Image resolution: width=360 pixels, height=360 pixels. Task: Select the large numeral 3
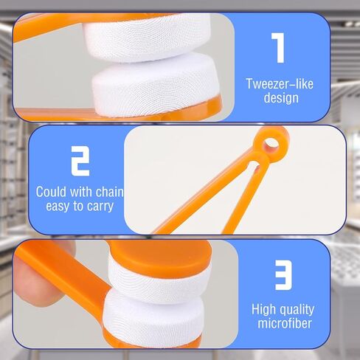tap(283, 277)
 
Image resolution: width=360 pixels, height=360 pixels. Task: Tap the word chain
tap(108, 192)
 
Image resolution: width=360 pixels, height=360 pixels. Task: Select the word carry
tap(100, 207)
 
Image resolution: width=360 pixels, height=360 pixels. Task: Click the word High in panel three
tap(264, 309)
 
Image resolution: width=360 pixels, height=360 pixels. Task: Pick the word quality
tap(298, 310)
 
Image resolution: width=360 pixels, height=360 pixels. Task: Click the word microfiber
tap(283, 325)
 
